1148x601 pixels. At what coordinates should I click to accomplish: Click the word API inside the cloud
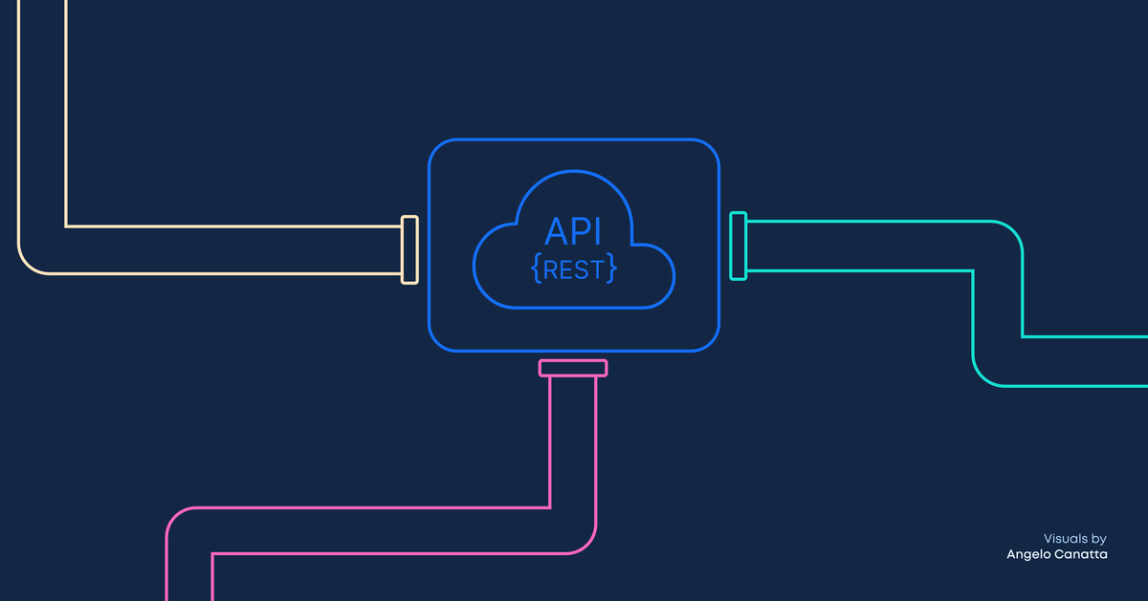(573, 232)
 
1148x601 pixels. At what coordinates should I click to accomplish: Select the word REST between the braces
(574, 269)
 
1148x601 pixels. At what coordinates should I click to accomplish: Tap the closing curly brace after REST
(611, 269)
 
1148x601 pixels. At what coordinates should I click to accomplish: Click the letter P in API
(580, 232)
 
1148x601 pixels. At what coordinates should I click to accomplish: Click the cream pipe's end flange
(409, 249)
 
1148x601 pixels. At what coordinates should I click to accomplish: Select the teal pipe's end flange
(738, 247)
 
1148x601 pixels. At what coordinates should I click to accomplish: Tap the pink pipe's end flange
(573, 368)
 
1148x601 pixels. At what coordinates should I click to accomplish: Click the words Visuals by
(1074, 539)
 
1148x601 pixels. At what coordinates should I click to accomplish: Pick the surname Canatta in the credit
(1082, 555)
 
